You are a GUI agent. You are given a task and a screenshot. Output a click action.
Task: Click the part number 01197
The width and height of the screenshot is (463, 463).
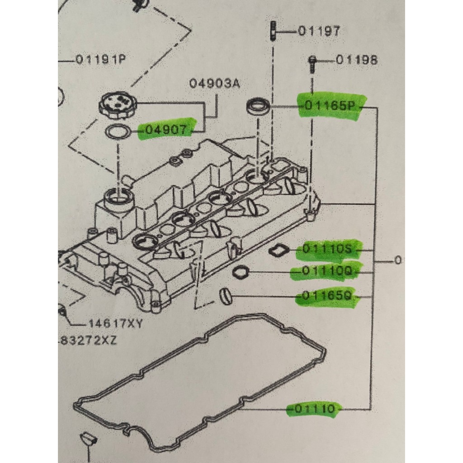pyautogui.click(x=319, y=31)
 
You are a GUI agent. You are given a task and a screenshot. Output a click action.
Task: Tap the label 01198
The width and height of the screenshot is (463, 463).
pyautogui.click(x=357, y=60)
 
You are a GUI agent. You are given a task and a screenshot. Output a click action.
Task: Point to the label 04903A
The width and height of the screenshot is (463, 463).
pyautogui.click(x=215, y=84)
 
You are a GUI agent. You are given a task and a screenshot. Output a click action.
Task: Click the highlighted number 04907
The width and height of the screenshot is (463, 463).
pyautogui.click(x=166, y=129)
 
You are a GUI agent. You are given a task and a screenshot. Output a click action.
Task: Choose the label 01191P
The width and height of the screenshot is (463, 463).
pyautogui.click(x=101, y=60)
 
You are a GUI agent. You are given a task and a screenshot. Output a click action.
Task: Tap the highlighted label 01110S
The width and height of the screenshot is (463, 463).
pyautogui.click(x=327, y=250)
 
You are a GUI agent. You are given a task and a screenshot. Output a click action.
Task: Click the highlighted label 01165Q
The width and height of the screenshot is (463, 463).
pyautogui.click(x=327, y=295)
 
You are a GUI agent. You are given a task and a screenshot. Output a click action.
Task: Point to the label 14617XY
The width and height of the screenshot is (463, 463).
pyautogui.click(x=115, y=324)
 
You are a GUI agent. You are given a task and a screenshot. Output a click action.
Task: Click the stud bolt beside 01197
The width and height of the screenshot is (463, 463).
pyautogui.click(x=273, y=31)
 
